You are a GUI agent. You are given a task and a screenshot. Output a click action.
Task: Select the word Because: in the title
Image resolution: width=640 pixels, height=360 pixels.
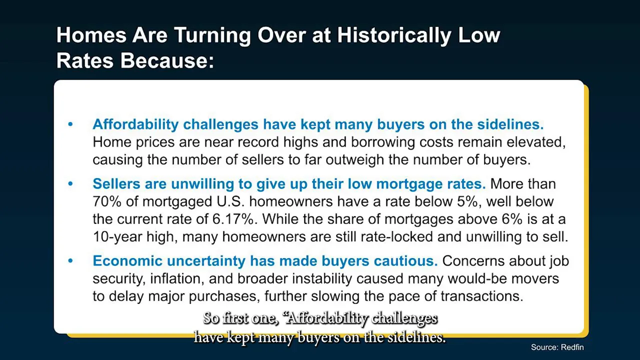pos(167,61)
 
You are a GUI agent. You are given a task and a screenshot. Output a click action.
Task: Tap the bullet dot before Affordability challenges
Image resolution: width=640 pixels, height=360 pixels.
pos(70,124)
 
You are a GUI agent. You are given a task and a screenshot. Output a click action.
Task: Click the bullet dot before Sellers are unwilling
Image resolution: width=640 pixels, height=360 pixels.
pos(70,183)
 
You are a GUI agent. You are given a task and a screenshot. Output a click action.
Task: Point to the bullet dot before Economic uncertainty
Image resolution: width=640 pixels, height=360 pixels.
pos(70,260)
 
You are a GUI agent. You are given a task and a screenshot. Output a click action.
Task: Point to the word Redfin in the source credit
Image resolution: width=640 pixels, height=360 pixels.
pos(572,347)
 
